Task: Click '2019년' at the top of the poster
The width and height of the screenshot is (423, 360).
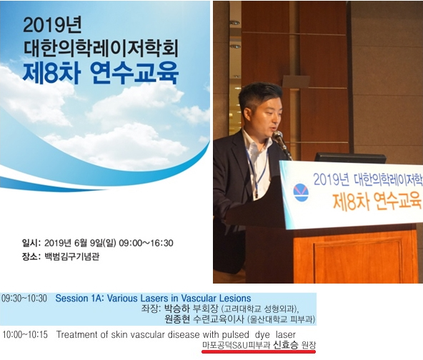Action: tap(52, 25)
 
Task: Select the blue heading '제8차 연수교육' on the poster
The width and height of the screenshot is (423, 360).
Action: tap(101, 73)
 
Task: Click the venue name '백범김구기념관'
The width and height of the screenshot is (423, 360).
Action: tap(71, 256)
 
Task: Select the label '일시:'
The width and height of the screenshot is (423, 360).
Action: tap(31, 243)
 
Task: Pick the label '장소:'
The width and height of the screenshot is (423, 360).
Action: tap(31, 256)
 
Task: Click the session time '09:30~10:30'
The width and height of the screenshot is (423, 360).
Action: tap(24, 299)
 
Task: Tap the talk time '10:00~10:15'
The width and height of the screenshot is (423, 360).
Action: tap(25, 335)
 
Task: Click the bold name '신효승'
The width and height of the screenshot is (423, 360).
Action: tap(286, 345)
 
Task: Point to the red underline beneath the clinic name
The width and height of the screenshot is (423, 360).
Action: tap(259, 351)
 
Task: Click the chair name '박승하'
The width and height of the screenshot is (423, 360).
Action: tap(177, 309)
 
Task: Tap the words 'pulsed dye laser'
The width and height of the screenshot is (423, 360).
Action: tap(259, 335)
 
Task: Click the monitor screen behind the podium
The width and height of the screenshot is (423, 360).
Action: tap(350, 158)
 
